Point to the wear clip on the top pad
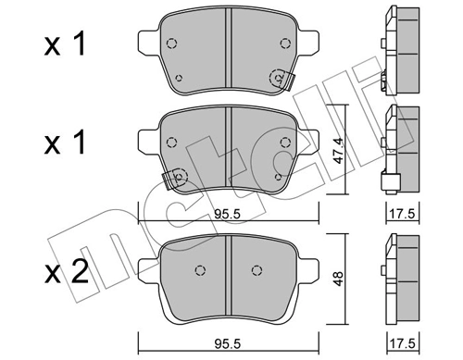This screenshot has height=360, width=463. coord(278,80)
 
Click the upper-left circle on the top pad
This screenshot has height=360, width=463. coord(172,43)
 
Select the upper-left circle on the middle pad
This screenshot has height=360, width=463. coord(172,142)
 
